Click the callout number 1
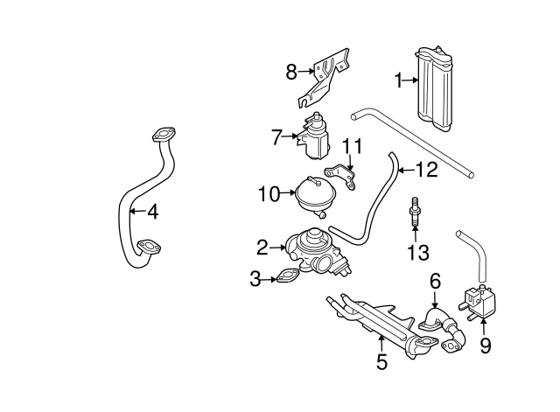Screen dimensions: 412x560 (398, 80)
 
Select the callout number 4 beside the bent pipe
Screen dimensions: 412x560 (152, 210)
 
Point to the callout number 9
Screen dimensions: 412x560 (485, 346)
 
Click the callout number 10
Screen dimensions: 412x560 (268, 192)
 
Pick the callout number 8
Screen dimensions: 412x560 (292, 72)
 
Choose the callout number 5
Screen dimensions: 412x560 (381, 360)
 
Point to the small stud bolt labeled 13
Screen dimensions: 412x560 (413, 214)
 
